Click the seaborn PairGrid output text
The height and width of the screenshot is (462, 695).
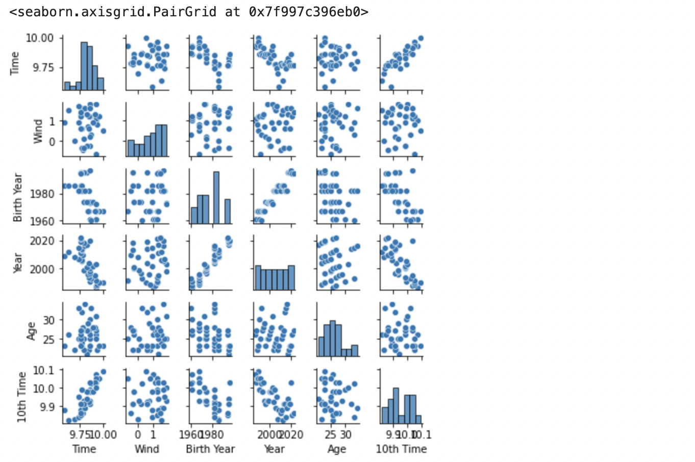pos(189,11)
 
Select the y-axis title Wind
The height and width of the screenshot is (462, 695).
pos(38,131)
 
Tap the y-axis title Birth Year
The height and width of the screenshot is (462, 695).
pos(18,197)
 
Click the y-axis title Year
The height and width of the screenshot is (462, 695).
pos(18,263)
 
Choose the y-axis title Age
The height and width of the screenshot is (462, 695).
pos(32,330)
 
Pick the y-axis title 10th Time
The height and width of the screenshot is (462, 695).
pos(21,397)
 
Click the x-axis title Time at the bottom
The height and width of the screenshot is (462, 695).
pos(84,449)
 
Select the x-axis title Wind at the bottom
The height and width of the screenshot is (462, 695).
pos(147,449)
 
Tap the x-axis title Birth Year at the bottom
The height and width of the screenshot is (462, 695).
pos(210,449)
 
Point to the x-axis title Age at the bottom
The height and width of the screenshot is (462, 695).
pos(337,449)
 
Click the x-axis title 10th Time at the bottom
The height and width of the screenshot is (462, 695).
pos(401,449)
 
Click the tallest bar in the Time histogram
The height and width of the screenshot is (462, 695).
pos(84,66)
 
